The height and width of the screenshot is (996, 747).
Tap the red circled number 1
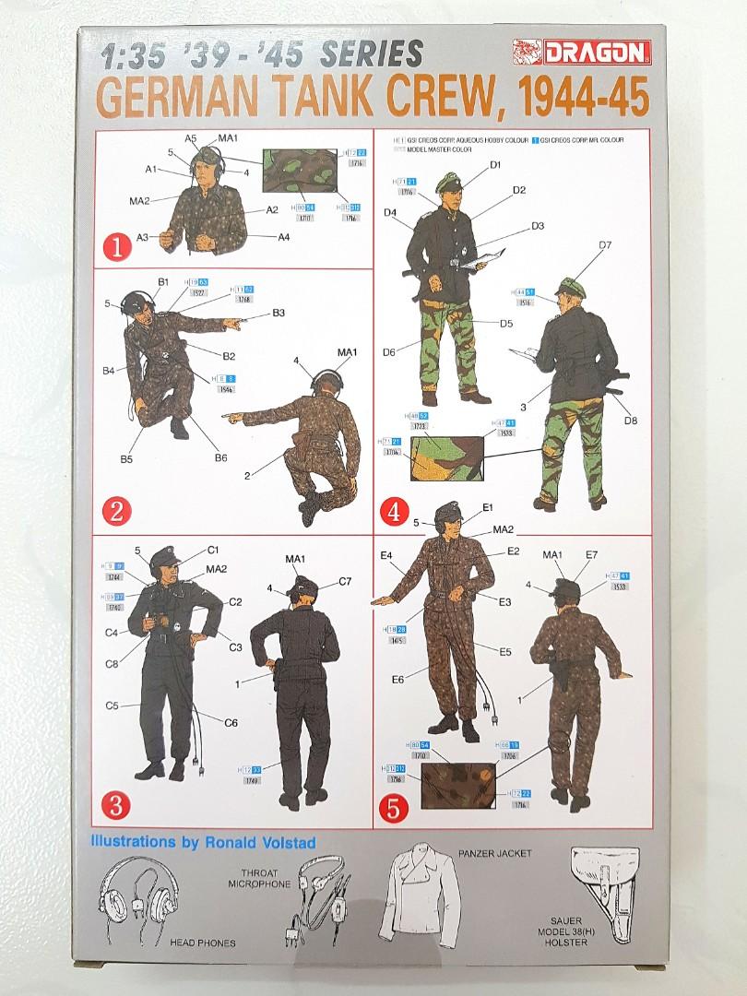click(x=114, y=246)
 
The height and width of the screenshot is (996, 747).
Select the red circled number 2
click(x=115, y=511)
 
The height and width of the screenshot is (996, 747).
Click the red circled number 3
click(x=115, y=804)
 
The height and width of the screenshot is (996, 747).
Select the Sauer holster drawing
click(x=605, y=886)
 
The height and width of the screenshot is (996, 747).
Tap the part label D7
click(x=606, y=244)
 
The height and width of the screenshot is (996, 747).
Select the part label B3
click(x=279, y=314)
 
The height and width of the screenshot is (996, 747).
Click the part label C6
click(x=231, y=722)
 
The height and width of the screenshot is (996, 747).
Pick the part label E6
click(x=397, y=680)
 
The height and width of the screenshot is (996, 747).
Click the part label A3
click(x=143, y=237)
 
